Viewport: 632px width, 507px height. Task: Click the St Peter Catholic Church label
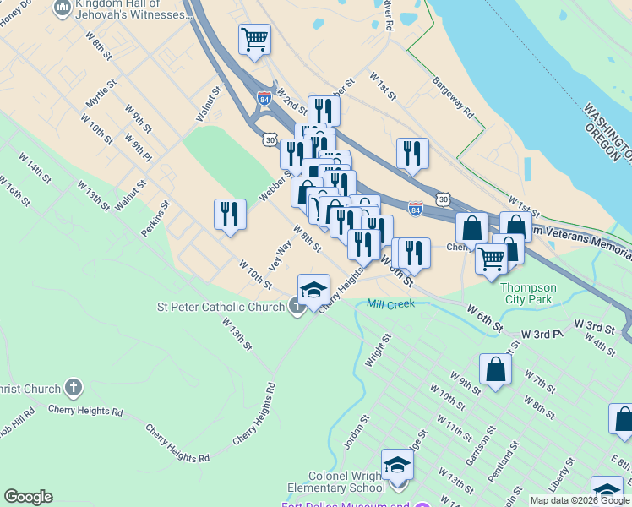pos(221,307)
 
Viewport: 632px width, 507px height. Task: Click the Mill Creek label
pos(390,303)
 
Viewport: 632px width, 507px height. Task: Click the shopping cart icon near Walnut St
pos(254,39)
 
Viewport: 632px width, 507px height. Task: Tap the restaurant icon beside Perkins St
pos(230,215)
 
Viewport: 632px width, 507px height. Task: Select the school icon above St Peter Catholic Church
pos(313,289)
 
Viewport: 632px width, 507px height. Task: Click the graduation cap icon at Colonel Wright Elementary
pos(398,464)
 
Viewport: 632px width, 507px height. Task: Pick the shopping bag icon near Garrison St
pos(495,369)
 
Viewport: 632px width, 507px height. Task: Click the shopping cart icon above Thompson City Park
pos(491,258)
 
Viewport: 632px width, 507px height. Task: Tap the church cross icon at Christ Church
pos(74,388)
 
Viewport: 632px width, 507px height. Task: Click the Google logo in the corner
pos(28,497)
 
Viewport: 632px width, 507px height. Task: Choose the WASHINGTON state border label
pos(607,132)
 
